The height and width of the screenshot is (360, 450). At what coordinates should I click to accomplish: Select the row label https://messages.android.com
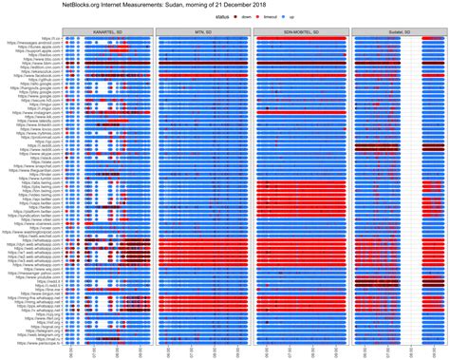click(x=40, y=44)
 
